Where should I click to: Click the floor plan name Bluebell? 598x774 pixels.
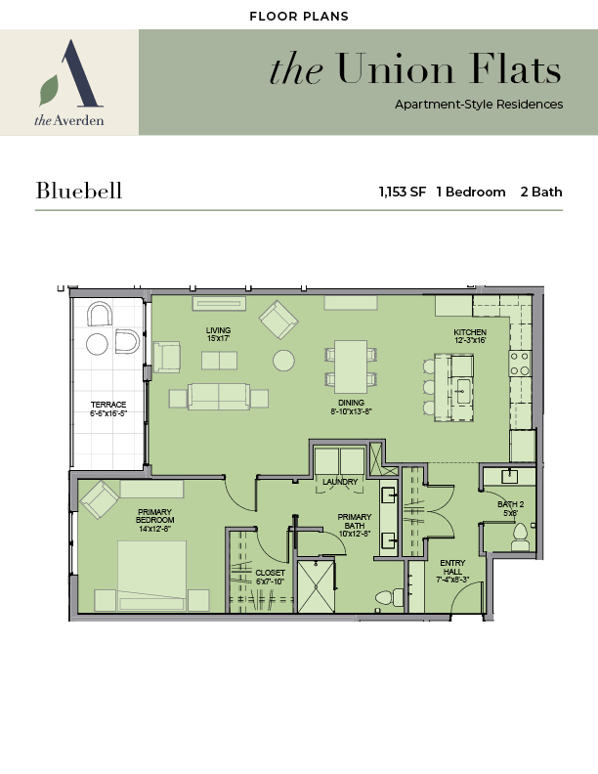pos(79,191)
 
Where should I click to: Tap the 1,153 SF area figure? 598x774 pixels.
pos(403,192)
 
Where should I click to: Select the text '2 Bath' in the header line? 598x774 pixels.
pos(541,192)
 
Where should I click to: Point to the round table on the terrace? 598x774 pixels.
pos(97,344)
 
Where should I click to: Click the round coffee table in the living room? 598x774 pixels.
pos(283,361)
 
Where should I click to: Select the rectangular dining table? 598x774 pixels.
pos(351,366)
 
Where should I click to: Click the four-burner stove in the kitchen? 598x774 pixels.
pos(520,364)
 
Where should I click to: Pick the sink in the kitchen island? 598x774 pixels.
pos(462,391)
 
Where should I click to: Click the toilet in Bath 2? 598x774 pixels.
pos(521,537)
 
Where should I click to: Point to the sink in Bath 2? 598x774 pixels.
pos(509,476)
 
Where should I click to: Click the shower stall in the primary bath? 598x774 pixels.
pos(317,586)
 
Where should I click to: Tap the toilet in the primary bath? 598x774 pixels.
pos(389,598)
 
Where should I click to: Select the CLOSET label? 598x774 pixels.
pos(270,573)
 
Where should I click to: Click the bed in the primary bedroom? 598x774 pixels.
pos(151,576)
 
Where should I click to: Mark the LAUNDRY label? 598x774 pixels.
pos(340,482)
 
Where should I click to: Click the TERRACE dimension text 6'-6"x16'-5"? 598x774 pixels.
pos(108,413)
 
